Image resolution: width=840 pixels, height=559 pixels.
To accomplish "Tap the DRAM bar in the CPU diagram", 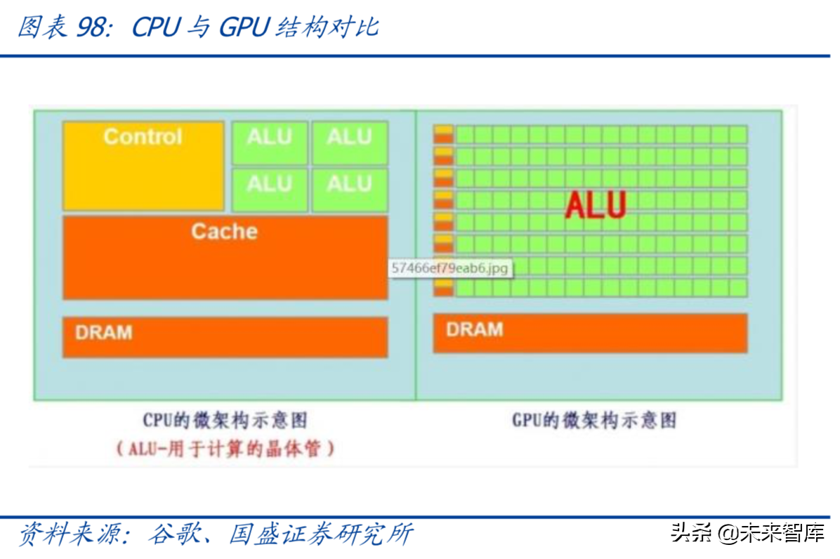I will click(225, 337).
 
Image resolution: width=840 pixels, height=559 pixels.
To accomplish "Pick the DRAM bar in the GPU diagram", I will click(590, 333).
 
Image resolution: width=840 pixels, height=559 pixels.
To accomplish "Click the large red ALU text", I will click(596, 205).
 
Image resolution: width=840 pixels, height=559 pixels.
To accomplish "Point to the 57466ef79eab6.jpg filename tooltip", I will click(450, 268).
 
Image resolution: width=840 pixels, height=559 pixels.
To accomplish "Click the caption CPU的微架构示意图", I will click(225, 421).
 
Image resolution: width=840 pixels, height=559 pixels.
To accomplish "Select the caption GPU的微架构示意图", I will click(594, 421).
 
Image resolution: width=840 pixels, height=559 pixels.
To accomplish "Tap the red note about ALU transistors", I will click(225, 449).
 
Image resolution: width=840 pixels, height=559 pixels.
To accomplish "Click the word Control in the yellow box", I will click(143, 136).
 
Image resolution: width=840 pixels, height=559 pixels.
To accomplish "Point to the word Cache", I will click(225, 232).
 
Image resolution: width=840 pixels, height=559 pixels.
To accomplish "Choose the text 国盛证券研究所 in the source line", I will click(321, 534).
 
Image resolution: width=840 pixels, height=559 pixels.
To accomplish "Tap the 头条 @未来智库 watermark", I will click(747, 533).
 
